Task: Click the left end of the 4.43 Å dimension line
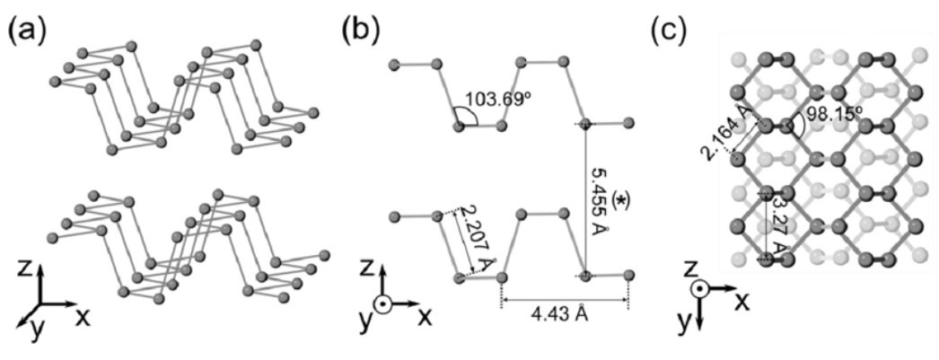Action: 503,300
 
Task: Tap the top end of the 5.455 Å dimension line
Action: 586,124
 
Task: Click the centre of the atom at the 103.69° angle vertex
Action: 459,126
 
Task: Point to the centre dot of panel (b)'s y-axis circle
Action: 382,304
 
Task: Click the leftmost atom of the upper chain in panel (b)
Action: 394,65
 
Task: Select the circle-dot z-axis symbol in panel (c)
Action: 698,288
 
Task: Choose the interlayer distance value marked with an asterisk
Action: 596,202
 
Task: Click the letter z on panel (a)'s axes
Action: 25,269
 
